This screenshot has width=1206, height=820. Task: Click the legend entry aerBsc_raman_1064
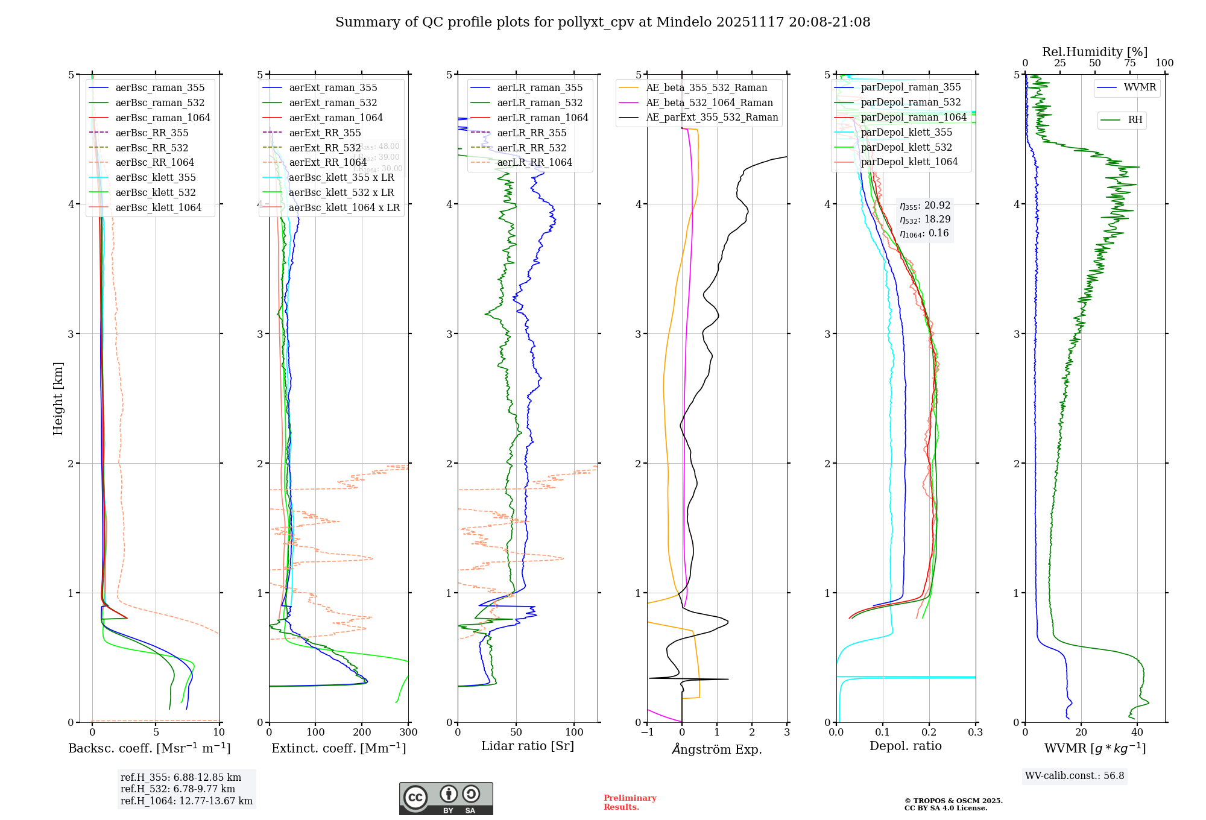tap(163, 118)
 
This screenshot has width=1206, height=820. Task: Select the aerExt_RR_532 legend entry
tap(324, 148)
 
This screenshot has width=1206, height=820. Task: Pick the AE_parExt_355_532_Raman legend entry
tap(712, 117)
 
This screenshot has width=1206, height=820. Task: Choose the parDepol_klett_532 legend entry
tap(906, 147)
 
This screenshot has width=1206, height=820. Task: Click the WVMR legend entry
tap(1140, 87)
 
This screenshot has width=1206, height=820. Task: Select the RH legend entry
tap(1135, 120)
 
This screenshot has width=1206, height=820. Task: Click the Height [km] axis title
tap(58, 399)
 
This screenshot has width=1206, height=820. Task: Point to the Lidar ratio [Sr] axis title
tap(528, 746)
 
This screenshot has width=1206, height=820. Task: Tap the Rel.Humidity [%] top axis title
tap(1094, 52)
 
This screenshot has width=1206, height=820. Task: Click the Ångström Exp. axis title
tap(717, 749)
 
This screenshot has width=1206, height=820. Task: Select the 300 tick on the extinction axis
tap(409, 733)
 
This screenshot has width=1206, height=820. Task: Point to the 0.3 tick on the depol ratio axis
tap(975, 733)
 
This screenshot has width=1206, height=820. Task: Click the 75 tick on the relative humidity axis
tap(1130, 63)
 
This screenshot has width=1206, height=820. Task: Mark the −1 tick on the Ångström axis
tap(647, 733)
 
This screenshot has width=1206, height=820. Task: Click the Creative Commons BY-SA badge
tap(446, 798)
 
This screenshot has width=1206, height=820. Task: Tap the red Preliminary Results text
tap(630, 803)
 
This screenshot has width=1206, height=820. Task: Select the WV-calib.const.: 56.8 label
tap(1075, 776)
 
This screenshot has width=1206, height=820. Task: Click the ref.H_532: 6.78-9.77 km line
tap(178, 789)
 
